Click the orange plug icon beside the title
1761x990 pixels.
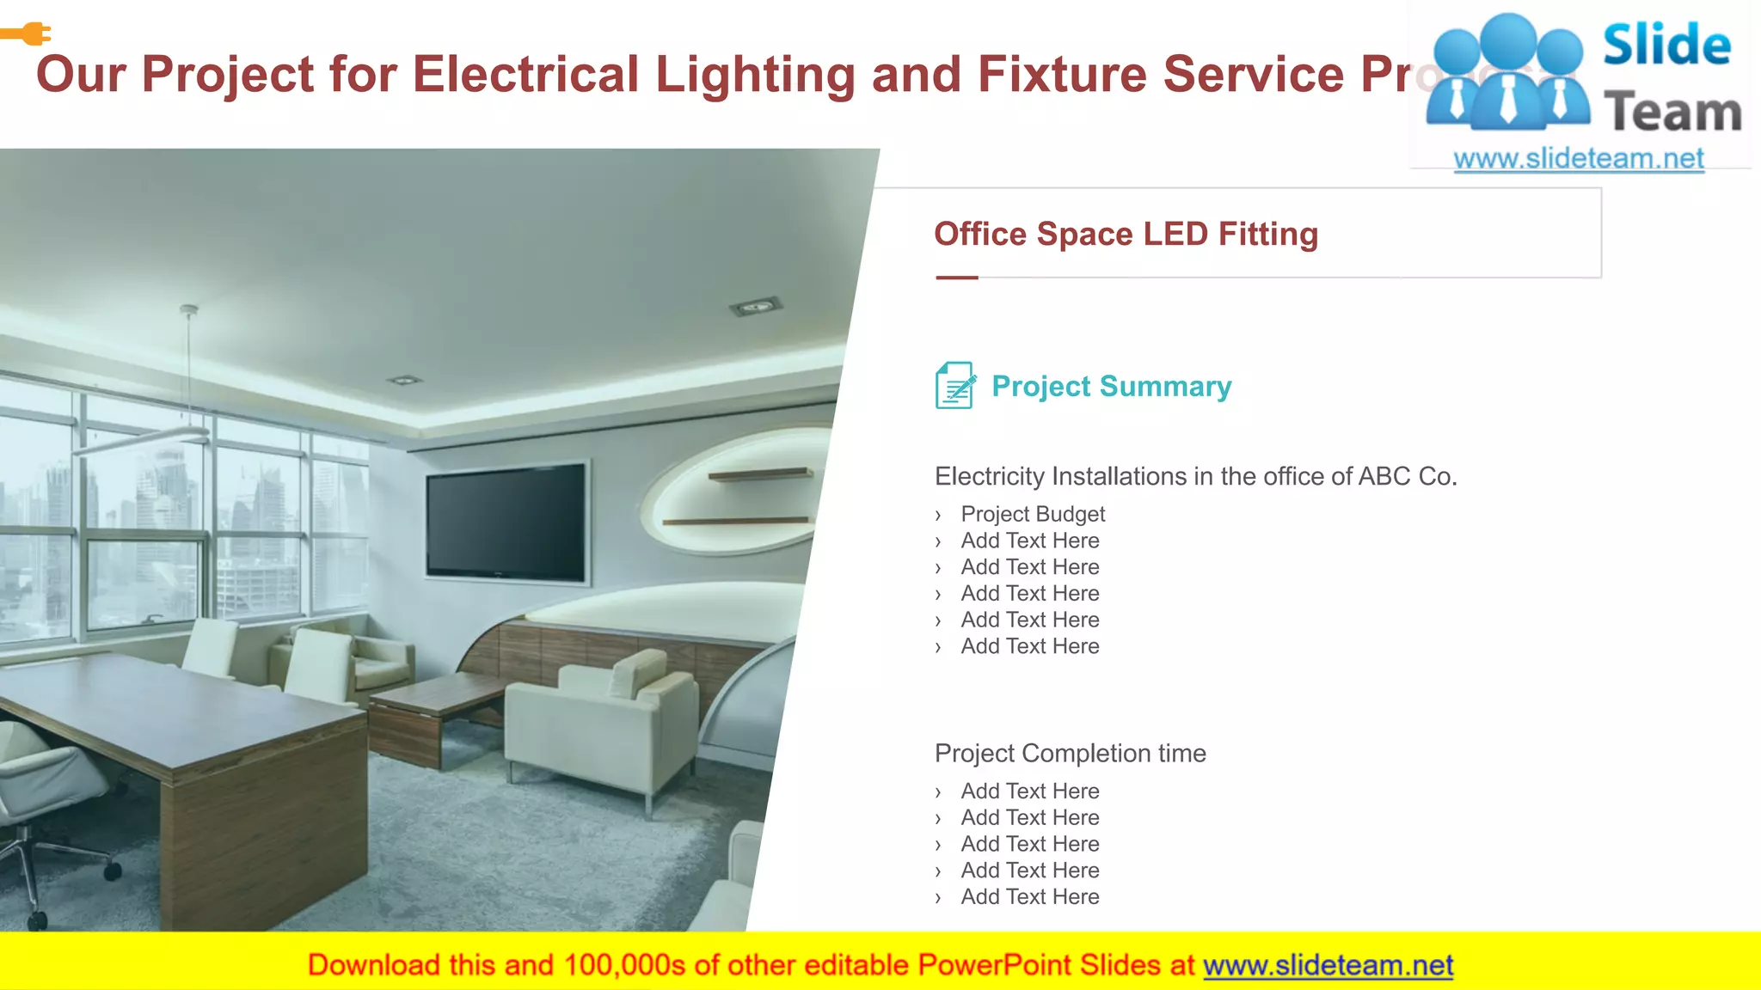pyautogui.click(x=28, y=34)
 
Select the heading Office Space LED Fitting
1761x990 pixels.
pyautogui.click(x=1126, y=235)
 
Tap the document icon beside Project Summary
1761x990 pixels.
pyautogui.click(x=954, y=386)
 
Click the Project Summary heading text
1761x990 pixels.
pyautogui.click(x=1111, y=387)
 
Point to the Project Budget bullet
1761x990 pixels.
pyautogui.click(x=1033, y=514)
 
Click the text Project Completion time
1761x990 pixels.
pyautogui.click(x=1070, y=754)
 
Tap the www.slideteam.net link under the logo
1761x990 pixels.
pyautogui.click(x=1578, y=159)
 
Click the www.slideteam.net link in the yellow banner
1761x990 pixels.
pyautogui.click(x=1328, y=965)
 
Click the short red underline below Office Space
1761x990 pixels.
pyautogui.click(x=956, y=278)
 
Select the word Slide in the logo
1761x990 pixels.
pyautogui.click(x=1666, y=46)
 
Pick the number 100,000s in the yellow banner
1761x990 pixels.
pyautogui.click(x=624, y=965)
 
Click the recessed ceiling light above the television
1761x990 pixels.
pyautogui.click(x=755, y=306)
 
